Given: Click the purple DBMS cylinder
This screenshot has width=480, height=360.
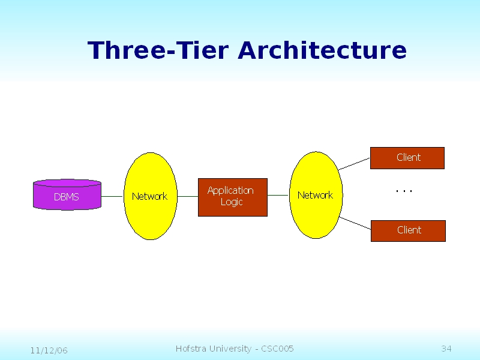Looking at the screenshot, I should (67, 195).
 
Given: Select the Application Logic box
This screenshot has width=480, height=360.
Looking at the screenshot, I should (232, 197).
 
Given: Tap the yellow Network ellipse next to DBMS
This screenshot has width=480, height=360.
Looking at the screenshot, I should (150, 196).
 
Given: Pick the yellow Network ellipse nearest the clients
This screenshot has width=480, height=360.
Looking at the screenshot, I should (315, 195).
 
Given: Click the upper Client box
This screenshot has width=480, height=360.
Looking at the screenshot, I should (407, 158).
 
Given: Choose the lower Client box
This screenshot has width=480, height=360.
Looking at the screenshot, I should (408, 230).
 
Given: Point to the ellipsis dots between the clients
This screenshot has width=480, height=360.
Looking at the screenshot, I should (404, 191).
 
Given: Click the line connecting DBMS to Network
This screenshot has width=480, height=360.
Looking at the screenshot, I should (112, 196).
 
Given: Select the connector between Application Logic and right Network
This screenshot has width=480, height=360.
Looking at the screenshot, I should (278, 196).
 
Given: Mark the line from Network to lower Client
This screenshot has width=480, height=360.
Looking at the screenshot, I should (356, 223).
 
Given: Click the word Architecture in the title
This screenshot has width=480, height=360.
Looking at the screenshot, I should (322, 50).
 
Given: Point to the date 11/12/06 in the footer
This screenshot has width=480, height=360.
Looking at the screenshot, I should (49, 350).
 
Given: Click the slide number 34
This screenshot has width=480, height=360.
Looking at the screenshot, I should (446, 349).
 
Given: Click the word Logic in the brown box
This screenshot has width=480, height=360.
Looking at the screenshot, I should (231, 202).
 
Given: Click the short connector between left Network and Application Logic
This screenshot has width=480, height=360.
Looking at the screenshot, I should (188, 196).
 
